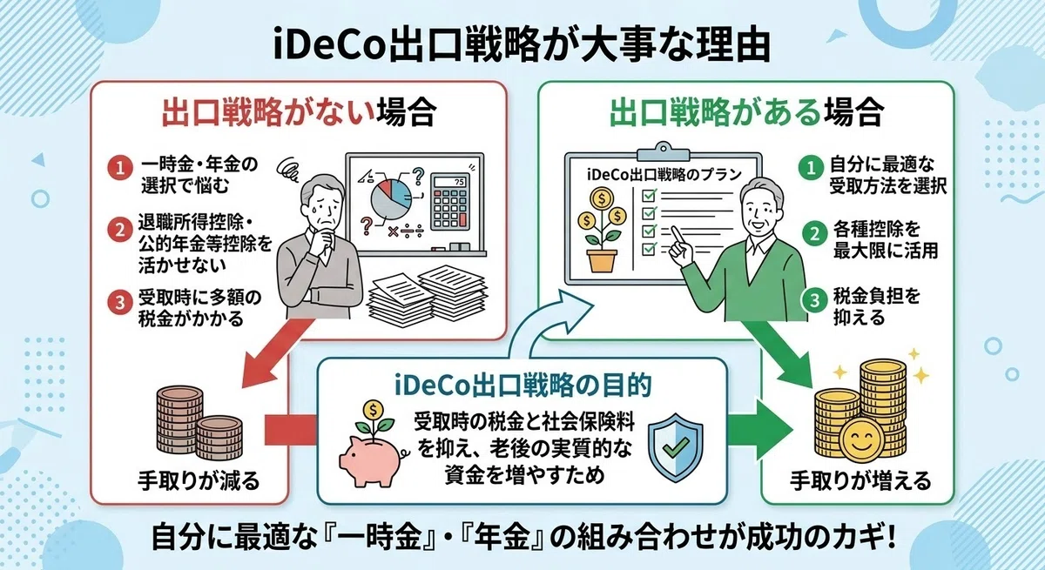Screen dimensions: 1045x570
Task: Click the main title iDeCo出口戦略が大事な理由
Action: coord(521,46)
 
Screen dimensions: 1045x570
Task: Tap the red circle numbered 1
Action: coord(120,168)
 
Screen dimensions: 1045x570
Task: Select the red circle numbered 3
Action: coord(120,303)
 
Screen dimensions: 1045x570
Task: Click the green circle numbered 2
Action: coord(814,233)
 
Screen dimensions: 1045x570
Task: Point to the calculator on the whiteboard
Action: coord(449,202)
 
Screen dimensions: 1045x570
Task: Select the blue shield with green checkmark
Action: coord(676,447)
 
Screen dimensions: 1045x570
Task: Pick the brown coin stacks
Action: coord(199,422)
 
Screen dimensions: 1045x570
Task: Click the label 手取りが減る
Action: coord(199,480)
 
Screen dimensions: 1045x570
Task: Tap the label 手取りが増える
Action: coord(860,480)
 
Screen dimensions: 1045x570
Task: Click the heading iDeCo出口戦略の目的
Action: coord(522,386)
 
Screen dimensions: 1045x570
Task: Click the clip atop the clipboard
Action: coord(663,152)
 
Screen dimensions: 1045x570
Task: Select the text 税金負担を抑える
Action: coord(877,306)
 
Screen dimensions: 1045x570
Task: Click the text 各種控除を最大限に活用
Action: coord(885,239)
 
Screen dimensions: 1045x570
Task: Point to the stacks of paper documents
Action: coord(427,292)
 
